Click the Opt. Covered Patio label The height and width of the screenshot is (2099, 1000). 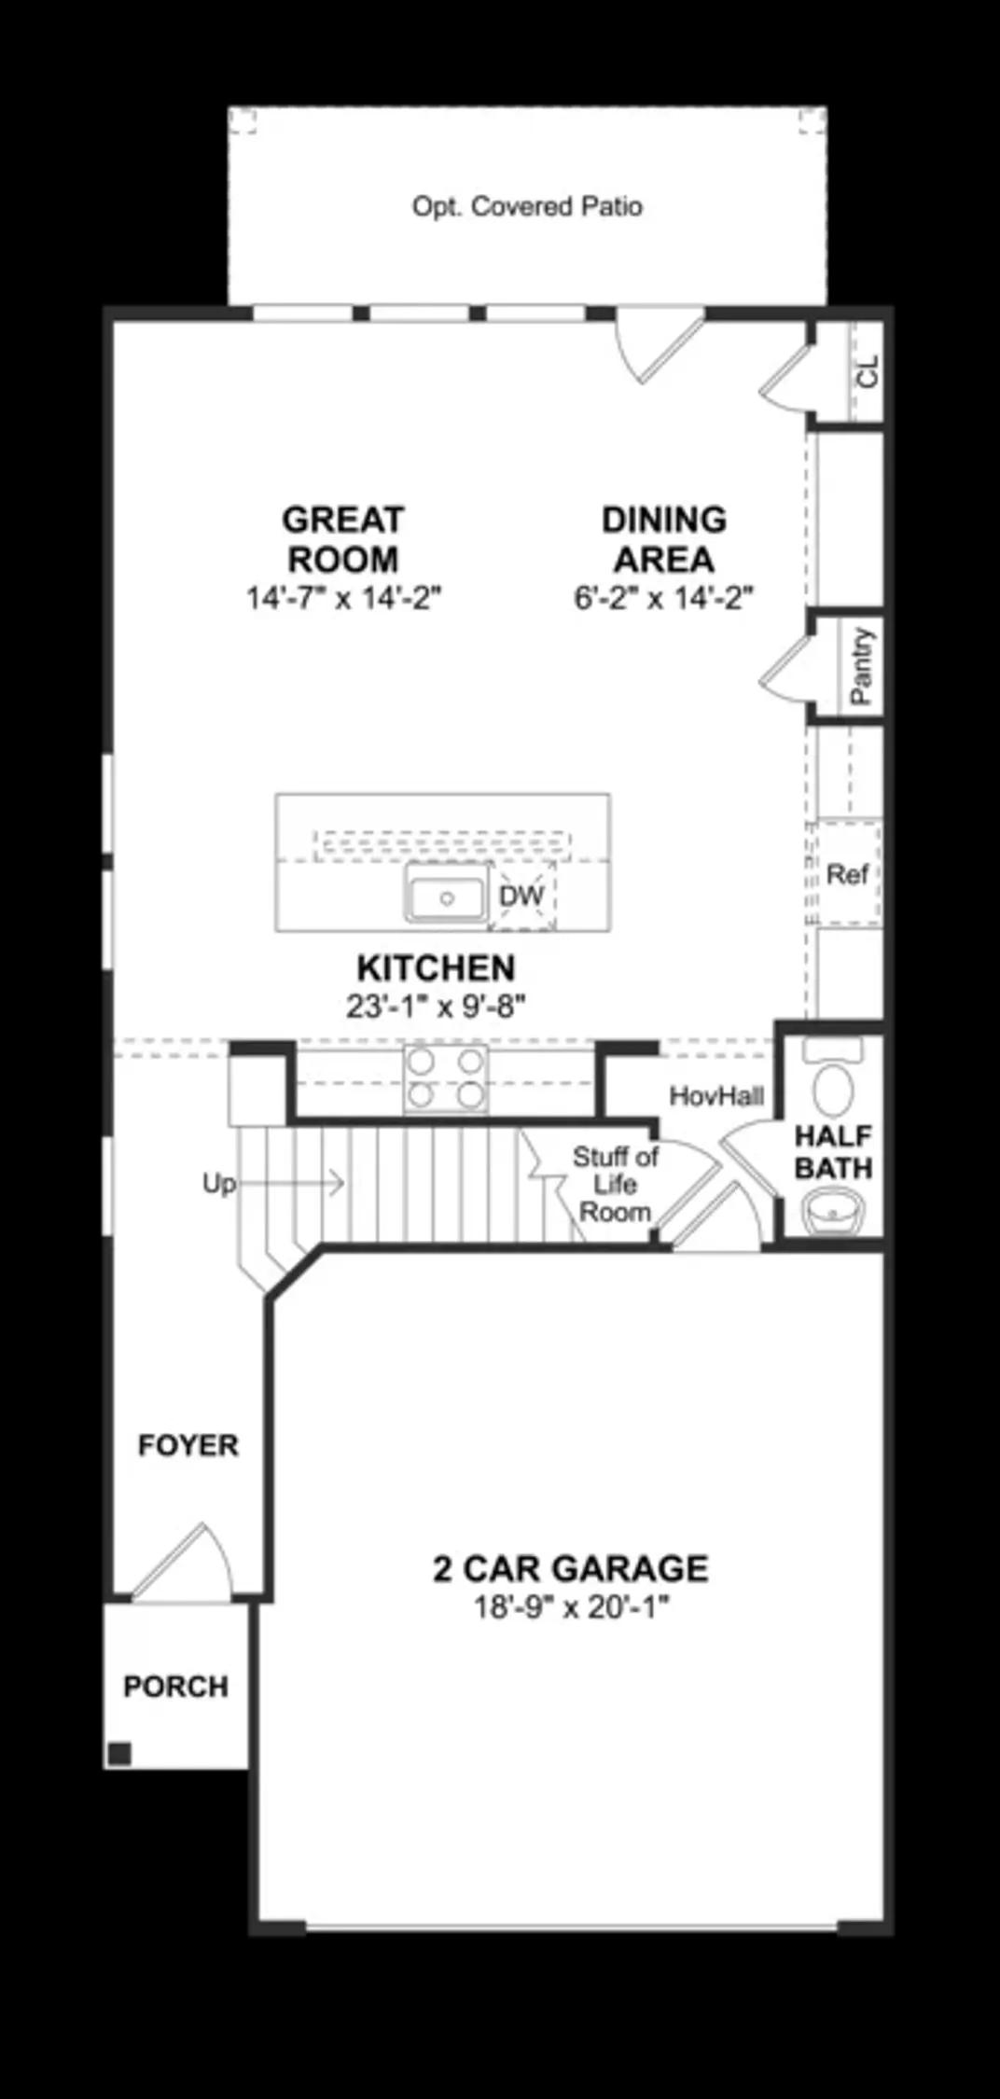527,206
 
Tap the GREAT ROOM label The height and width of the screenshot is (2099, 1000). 342,539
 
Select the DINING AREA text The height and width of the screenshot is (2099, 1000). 663,539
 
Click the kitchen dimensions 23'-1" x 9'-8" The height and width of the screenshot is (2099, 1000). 437,1007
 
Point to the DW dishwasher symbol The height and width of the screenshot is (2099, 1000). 521,897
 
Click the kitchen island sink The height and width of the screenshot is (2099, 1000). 446,897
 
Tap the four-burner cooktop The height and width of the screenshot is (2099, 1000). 446,1078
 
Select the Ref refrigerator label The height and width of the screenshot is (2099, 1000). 847,874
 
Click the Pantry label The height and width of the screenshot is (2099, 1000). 861,666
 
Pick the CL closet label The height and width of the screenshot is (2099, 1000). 868,371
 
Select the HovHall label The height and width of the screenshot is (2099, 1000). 716,1096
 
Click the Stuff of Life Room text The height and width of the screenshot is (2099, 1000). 615,1185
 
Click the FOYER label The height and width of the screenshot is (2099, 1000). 188,1445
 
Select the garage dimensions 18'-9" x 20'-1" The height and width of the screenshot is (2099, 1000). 571,1607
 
